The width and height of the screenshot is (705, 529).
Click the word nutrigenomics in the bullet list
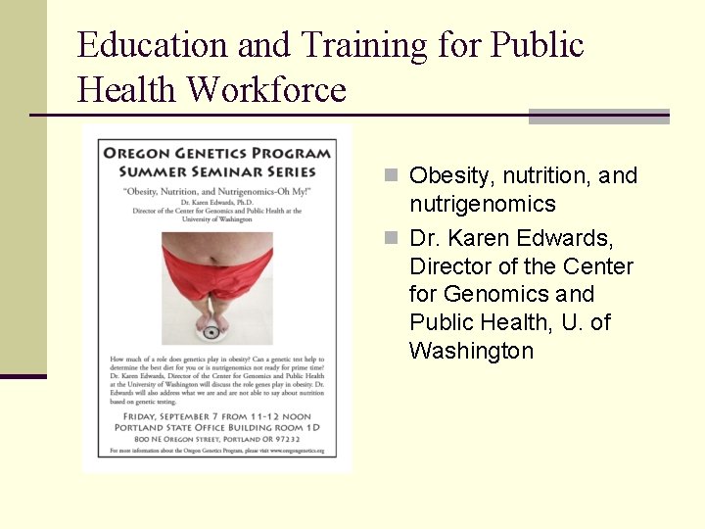tap(482, 204)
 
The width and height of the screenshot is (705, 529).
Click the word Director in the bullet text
tap(451, 266)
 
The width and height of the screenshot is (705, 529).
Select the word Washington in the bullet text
tap(471, 351)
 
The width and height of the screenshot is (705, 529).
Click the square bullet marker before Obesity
tap(391, 176)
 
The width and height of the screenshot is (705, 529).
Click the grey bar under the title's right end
tap(598, 117)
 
